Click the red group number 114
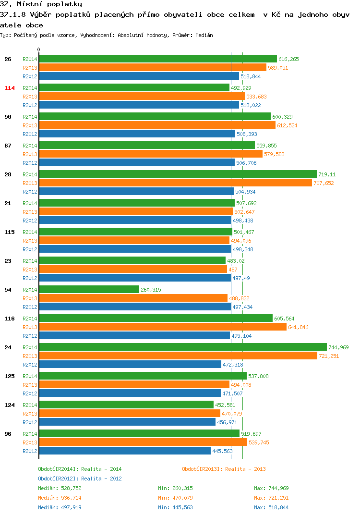pos(10,88)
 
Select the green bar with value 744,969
pos(183,347)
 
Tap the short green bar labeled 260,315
pos(89,290)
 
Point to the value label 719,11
pos(327,174)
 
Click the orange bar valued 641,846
pos(163,327)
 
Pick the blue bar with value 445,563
pos(125,451)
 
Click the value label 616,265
pos(288,59)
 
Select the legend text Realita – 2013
pos(246,469)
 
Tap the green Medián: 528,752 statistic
pos(60,488)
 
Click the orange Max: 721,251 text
pos(271,498)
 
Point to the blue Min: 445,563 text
pos(175,507)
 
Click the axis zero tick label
pos(38,49)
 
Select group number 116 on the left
pos(10,319)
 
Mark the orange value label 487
pos(233,270)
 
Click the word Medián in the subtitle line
pos(204,35)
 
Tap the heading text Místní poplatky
pos(49,4)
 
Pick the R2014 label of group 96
pos(30,434)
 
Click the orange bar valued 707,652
pos(176,183)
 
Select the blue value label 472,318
pos(233,365)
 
